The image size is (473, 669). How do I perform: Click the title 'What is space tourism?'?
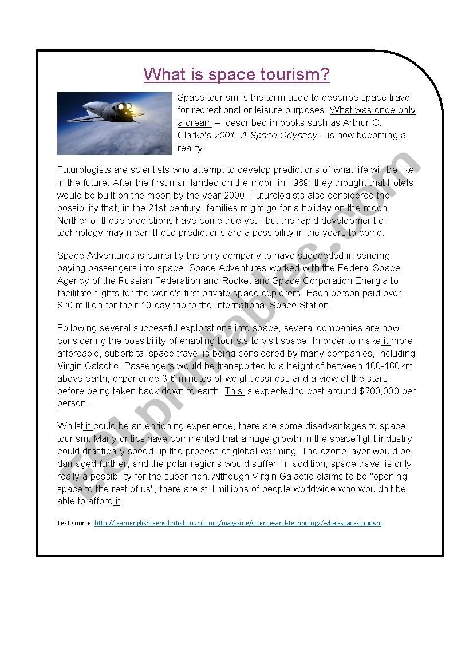(x=236, y=74)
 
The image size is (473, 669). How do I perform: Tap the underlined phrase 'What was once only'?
(x=373, y=110)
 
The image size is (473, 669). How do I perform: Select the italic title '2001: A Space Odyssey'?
(x=265, y=136)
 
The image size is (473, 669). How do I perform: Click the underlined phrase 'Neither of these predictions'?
(x=115, y=221)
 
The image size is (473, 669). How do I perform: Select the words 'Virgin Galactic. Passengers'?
(x=113, y=366)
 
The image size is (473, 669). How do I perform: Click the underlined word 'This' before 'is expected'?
(x=234, y=391)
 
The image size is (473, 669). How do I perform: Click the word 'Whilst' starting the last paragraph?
(x=70, y=426)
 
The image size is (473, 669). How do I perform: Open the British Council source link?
(x=238, y=523)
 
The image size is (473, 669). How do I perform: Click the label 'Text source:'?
(x=74, y=523)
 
